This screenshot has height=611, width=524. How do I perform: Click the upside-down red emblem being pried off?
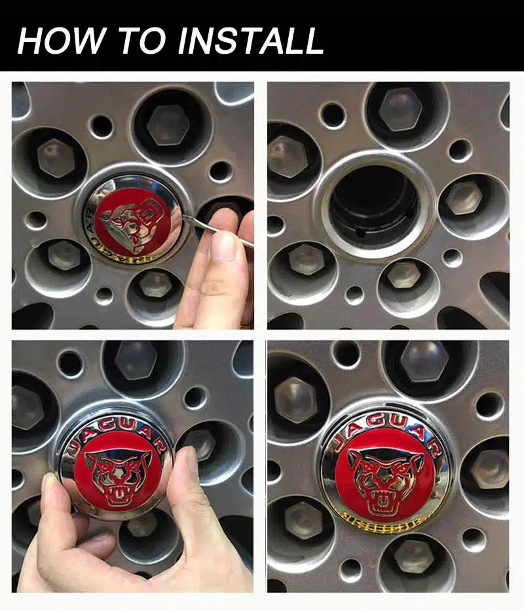pyautogui.click(x=135, y=219)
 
